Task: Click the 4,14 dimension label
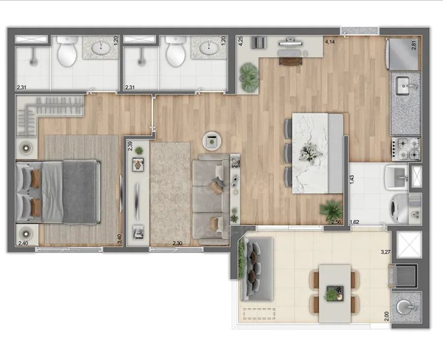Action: [330, 42]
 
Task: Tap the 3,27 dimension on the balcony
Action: [385, 252]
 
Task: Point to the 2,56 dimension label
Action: [336, 222]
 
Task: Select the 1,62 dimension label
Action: [354, 222]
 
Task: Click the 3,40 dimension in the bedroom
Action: [119, 239]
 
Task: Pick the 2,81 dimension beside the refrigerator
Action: [413, 45]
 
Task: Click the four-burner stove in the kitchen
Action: [406, 149]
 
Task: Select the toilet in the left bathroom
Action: [67, 51]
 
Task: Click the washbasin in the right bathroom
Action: [209, 48]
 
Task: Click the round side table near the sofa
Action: [212, 141]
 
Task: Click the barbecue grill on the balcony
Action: [406, 275]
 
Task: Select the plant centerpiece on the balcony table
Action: [334, 294]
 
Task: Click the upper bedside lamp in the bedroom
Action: [26, 148]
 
